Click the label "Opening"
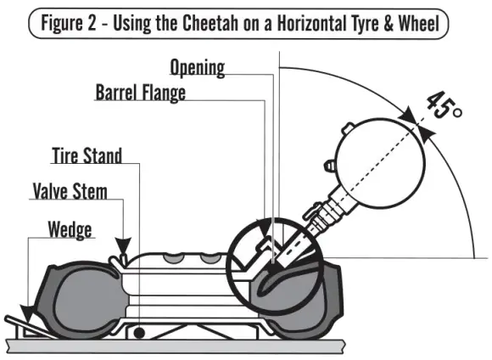point(197,67)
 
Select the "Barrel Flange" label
point(140,92)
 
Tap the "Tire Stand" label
point(87,155)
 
